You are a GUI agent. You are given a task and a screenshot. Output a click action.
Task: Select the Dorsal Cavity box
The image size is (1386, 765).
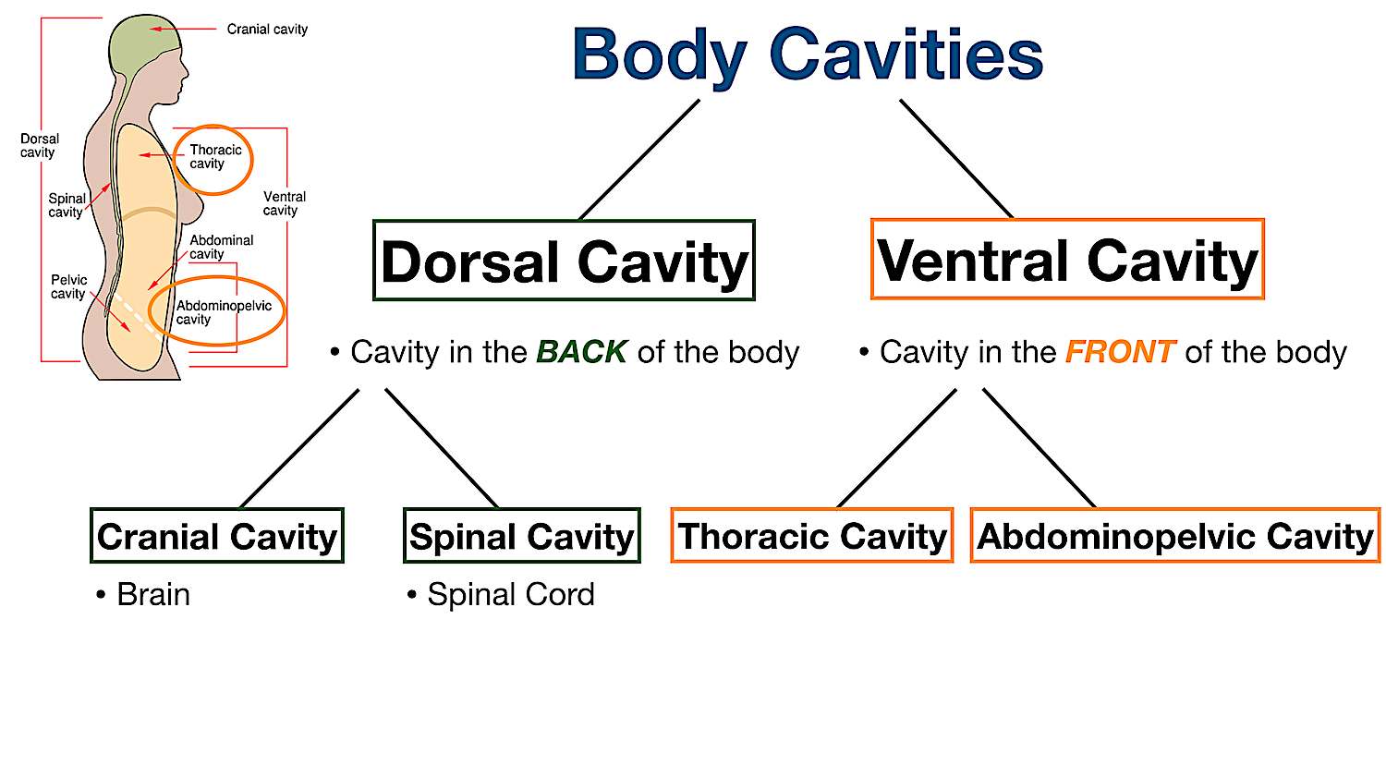(x=564, y=261)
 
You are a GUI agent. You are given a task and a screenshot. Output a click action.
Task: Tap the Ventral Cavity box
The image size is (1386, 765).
(x=1067, y=260)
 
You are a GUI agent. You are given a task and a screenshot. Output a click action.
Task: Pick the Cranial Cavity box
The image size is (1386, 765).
(x=217, y=536)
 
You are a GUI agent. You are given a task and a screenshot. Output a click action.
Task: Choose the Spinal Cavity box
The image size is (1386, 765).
(x=522, y=536)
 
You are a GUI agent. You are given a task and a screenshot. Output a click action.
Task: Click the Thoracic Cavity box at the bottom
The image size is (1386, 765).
(x=812, y=536)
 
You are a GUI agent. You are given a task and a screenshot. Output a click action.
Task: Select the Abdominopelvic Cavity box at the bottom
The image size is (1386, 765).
(x=1175, y=536)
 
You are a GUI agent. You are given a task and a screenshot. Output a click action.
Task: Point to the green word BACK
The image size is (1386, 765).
(x=581, y=352)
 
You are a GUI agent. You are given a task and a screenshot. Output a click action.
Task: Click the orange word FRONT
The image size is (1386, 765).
(x=1120, y=352)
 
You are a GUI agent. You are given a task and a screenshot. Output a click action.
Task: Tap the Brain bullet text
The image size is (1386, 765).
(x=152, y=594)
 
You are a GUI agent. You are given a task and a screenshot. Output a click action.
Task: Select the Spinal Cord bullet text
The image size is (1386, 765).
(x=510, y=594)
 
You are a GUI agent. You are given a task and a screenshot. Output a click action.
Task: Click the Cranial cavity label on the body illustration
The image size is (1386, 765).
(x=267, y=30)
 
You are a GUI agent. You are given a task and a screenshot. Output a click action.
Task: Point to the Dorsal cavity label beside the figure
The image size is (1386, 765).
(x=39, y=146)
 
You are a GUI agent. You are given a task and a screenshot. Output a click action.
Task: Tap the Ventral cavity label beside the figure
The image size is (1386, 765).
(x=284, y=203)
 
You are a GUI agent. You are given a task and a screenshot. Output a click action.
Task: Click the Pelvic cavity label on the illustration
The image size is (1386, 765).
(x=68, y=286)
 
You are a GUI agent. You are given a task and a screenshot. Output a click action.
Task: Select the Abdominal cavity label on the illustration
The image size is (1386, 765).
(x=221, y=247)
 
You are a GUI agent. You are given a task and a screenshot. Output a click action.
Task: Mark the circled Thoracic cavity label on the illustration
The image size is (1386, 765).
(x=214, y=157)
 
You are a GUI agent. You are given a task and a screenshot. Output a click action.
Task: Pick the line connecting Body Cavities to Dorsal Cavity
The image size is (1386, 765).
(x=638, y=160)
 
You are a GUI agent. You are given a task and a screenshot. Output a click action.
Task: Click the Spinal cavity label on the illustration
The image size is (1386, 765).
(x=67, y=205)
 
